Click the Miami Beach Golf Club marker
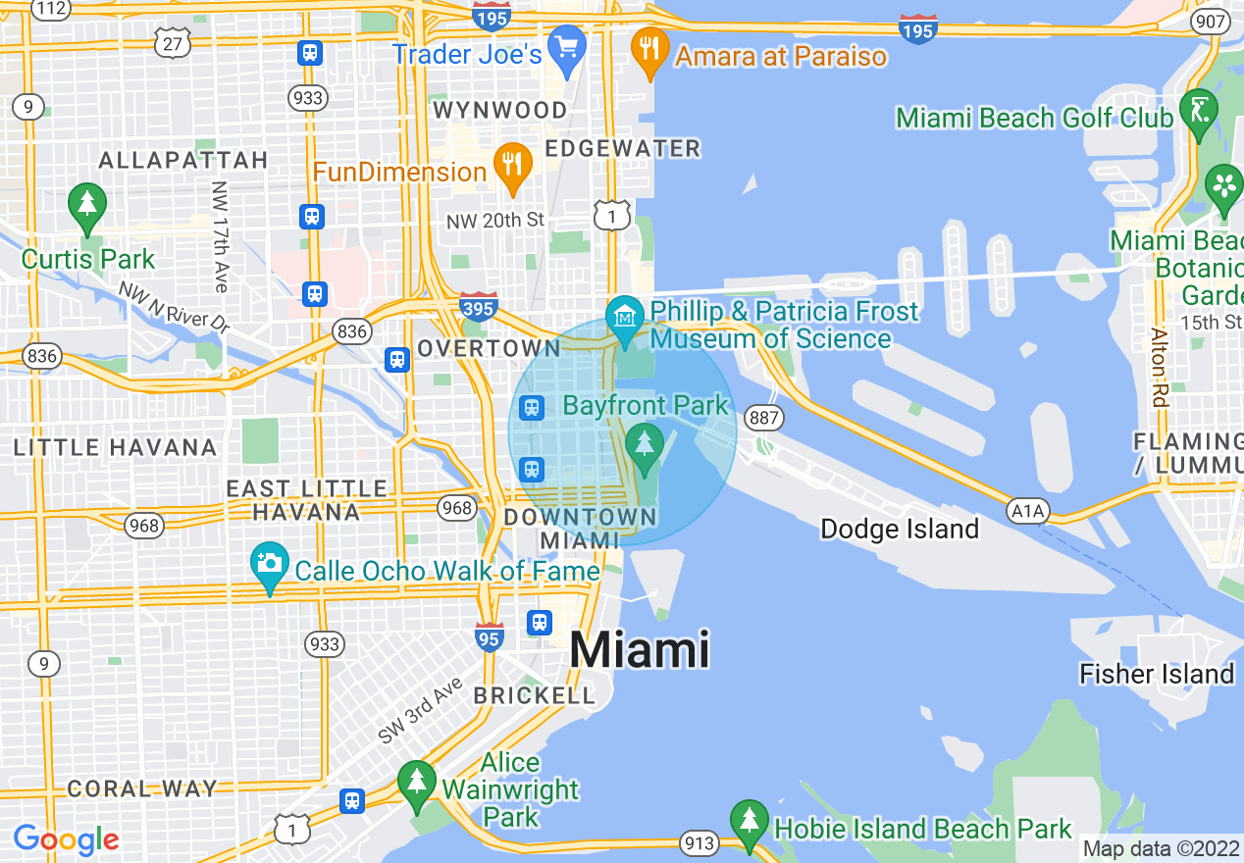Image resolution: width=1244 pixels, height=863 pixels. (1199, 112)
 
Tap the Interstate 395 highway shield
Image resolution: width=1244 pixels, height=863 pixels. (479, 307)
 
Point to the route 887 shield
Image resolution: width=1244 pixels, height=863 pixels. (765, 419)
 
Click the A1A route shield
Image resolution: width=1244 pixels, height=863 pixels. (1027, 510)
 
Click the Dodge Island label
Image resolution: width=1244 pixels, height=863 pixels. (900, 530)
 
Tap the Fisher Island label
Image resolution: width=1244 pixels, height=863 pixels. (1156, 674)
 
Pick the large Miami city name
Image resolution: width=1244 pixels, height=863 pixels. (639, 649)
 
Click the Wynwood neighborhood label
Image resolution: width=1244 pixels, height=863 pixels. (500, 110)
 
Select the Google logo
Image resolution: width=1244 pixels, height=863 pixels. (66, 839)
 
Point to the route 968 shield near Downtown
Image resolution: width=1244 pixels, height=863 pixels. (457, 507)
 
